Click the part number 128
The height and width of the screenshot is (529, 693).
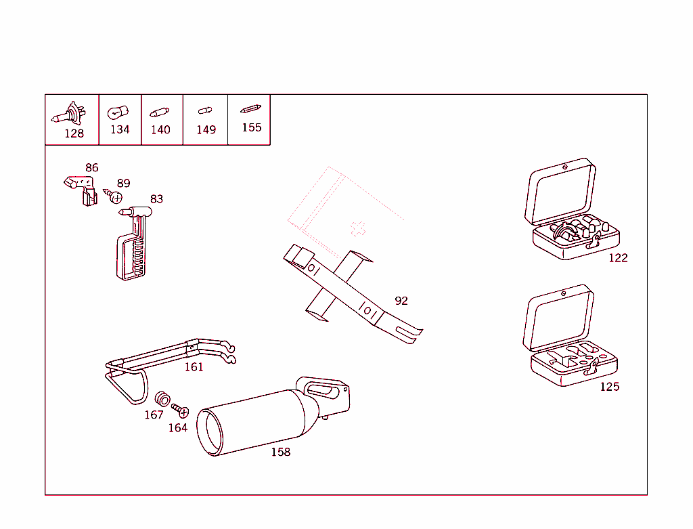74,133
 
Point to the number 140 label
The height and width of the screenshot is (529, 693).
160,129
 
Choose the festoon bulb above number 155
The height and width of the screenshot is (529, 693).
250,109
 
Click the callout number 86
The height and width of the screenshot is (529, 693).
91,168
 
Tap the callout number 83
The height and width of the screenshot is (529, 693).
156,199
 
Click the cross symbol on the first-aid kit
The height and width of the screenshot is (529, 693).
357,228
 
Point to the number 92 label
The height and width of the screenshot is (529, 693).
401,301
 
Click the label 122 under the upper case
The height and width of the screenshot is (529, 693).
618,258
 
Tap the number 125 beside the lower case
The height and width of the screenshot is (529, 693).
609,387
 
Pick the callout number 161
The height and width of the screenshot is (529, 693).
194,367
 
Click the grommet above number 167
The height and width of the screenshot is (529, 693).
162,398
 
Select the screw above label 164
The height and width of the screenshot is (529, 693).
180,410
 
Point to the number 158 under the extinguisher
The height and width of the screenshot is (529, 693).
280,452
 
